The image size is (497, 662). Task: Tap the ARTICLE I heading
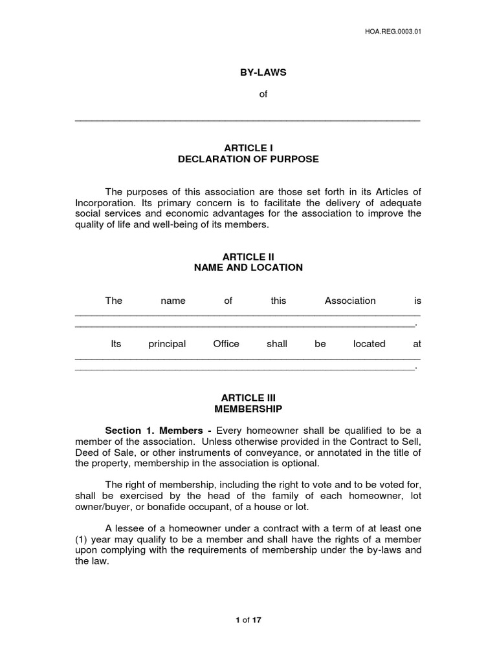tap(248, 148)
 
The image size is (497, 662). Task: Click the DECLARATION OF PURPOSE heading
tap(248, 159)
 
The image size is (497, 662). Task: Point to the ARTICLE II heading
tap(248, 257)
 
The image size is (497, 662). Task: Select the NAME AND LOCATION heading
tap(248, 268)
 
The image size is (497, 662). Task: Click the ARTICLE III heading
tap(248, 398)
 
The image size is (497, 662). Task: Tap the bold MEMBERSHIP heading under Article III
tap(248, 409)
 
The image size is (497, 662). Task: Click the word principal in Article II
tap(167, 344)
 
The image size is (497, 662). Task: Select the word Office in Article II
tap(226, 344)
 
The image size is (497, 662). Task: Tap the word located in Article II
tap(369, 344)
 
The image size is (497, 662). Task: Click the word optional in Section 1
tap(298, 464)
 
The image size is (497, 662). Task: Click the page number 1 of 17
tap(248, 619)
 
